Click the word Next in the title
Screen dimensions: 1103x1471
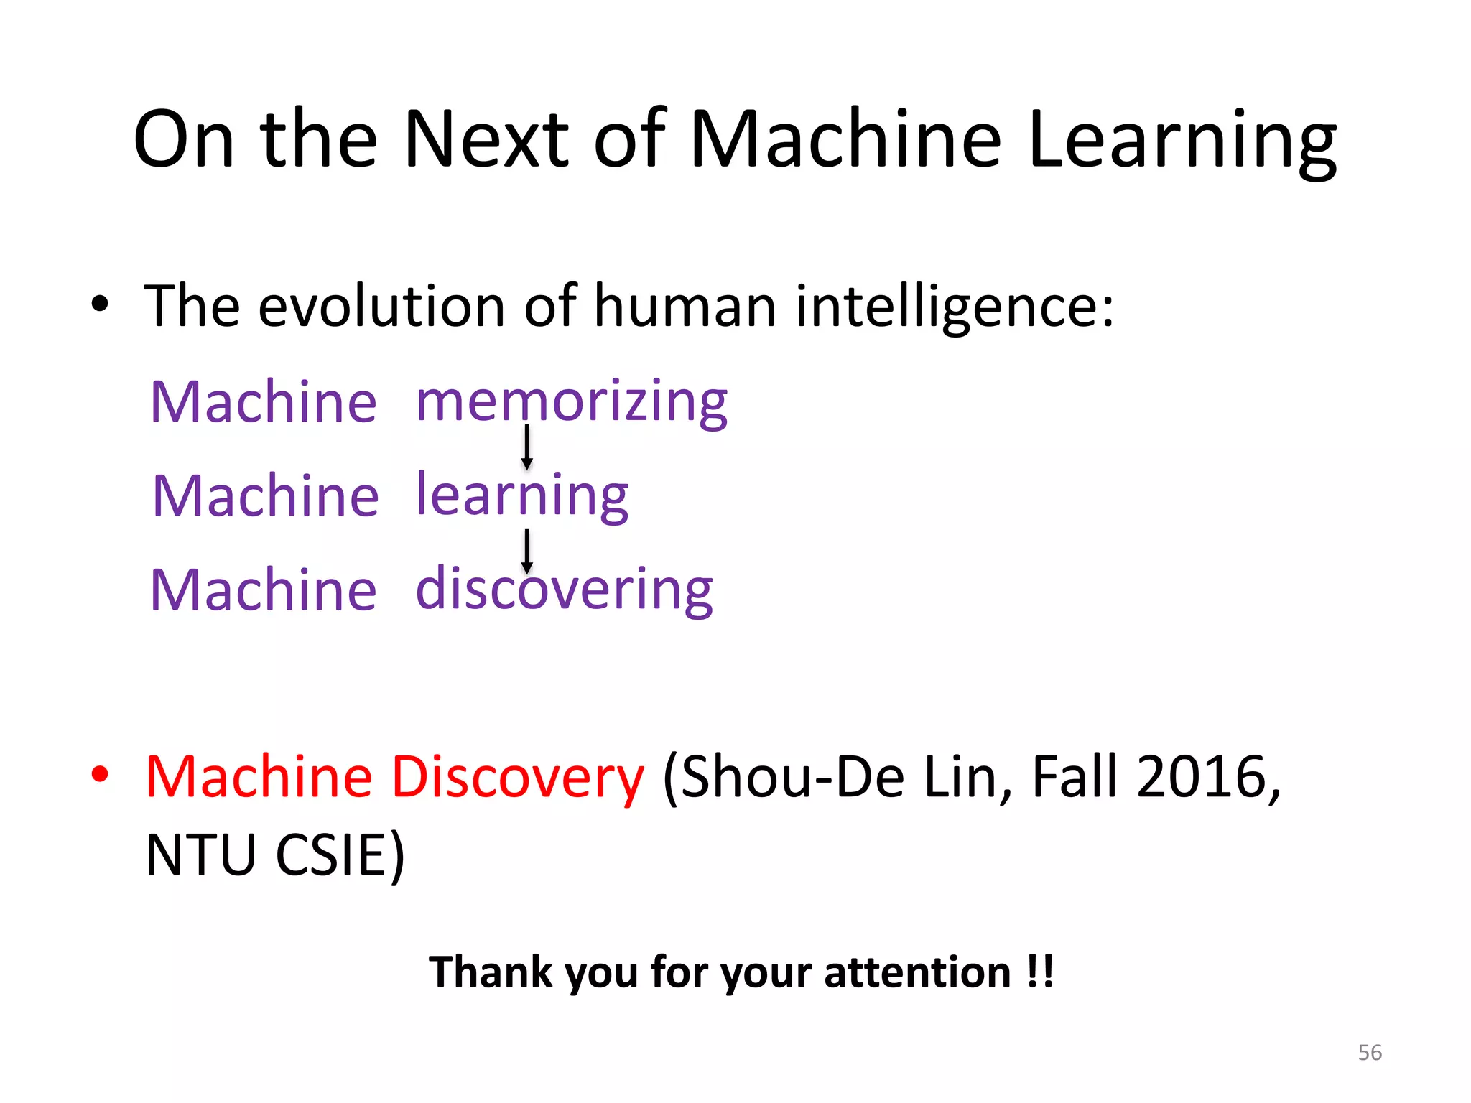coord(486,139)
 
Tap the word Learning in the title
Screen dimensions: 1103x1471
coord(1182,141)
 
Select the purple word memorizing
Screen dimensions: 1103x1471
coord(572,401)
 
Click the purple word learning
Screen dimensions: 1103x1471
coord(522,495)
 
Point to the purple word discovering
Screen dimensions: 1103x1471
coord(564,590)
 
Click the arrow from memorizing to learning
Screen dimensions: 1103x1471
coord(527,447)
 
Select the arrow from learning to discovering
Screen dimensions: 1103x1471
coord(527,551)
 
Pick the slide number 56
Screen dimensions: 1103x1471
coord(1370,1053)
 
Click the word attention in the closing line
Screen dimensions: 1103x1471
coord(918,972)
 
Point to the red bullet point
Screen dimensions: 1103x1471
coord(100,775)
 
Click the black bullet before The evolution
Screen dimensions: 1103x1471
coord(100,304)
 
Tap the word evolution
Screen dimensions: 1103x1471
coord(381,307)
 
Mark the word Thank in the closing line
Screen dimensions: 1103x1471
coord(491,972)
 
